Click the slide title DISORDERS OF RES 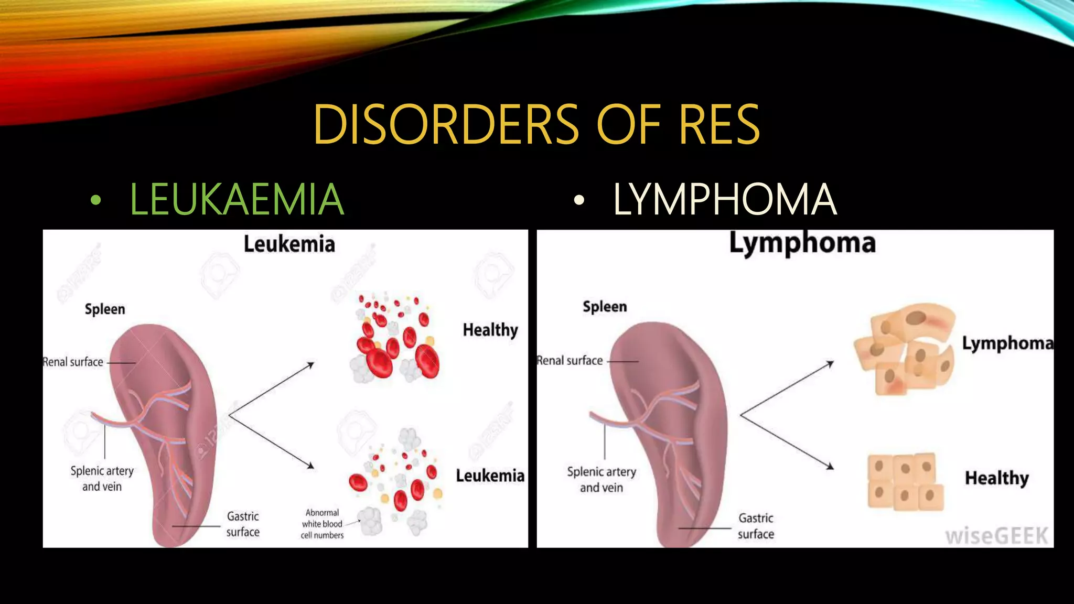tap(536, 125)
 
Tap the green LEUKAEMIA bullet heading tap(237, 199)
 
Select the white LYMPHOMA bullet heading tap(724, 199)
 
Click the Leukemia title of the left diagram tap(289, 244)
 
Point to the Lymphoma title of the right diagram tap(802, 243)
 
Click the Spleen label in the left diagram tap(105, 309)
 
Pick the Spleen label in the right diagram tap(605, 307)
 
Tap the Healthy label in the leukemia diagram tap(490, 330)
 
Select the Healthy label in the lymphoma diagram tap(996, 478)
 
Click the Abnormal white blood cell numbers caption tap(322, 524)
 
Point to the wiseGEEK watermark tap(996, 536)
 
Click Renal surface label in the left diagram tap(73, 362)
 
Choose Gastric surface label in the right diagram tap(756, 526)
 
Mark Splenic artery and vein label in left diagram tap(102, 479)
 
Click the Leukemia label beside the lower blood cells tap(490, 476)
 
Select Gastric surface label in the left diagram tap(243, 524)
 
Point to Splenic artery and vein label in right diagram tap(602, 480)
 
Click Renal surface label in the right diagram tap(570, 361)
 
